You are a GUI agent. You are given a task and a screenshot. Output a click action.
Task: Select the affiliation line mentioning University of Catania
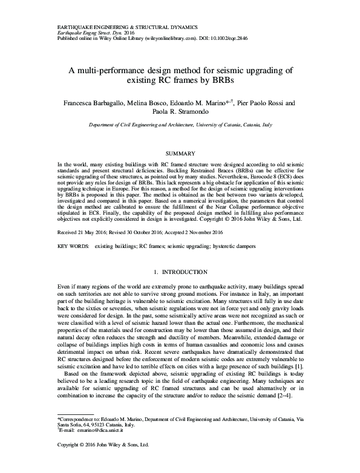click(180, 126)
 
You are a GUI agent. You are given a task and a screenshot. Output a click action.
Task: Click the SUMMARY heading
click(180, 154)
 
